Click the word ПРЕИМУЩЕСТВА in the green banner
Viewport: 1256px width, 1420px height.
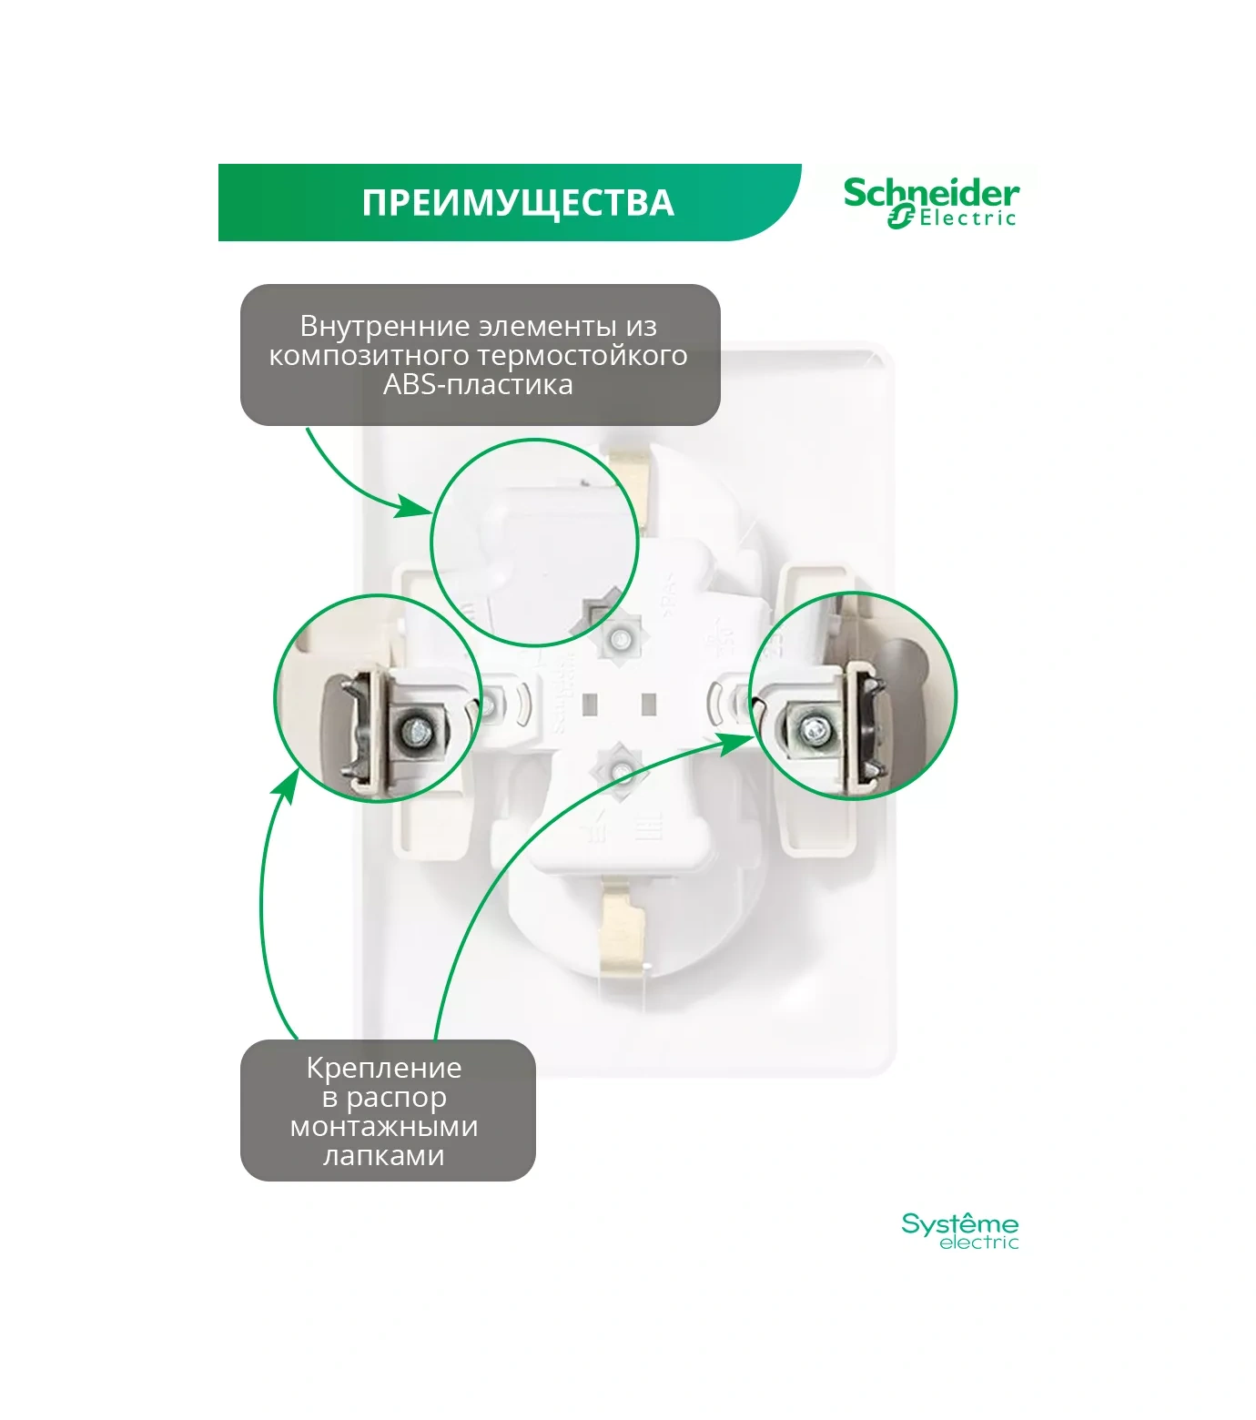517,202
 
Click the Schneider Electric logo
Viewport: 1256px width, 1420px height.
931,202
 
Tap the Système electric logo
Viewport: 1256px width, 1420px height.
959,1231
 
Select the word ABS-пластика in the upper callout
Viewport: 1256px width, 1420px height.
478,384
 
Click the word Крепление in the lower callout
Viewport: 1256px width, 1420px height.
384,1068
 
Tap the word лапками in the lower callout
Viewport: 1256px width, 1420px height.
384,1155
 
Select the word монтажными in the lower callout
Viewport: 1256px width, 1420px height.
384,1126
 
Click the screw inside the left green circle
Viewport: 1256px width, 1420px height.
415,729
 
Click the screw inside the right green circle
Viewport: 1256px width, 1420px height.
810,728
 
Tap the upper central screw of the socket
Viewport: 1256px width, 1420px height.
619,638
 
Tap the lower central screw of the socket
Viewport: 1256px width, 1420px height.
619,771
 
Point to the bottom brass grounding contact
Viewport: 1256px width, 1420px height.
625,933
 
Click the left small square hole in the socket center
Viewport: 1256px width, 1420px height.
589,704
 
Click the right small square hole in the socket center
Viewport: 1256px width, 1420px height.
649,704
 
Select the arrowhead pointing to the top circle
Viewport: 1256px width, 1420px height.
414,507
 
